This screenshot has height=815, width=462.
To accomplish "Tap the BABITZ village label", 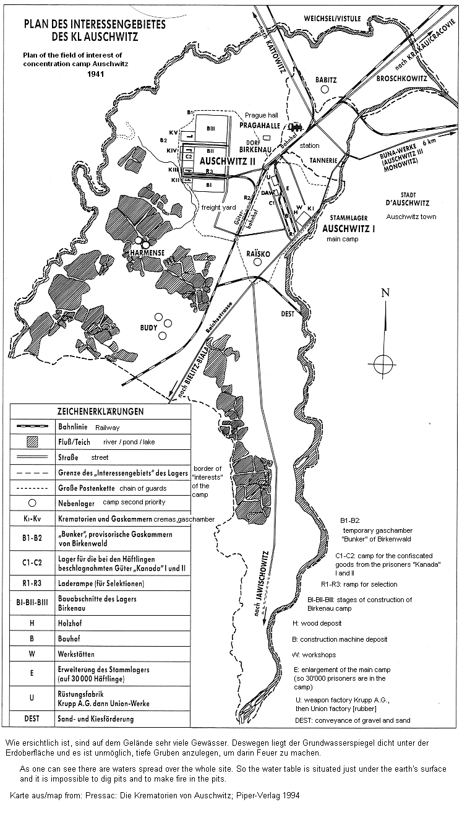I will click(325, 80).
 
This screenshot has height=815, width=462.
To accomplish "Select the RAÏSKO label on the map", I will click(257, 253).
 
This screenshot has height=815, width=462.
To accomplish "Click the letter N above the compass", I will click(385, 293).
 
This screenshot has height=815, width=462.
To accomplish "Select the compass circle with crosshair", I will click(383, 361).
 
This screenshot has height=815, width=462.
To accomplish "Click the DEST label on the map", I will click(288, 314).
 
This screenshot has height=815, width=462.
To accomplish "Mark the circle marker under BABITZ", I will click(325, 90).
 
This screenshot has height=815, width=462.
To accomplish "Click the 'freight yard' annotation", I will click(216, 207).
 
